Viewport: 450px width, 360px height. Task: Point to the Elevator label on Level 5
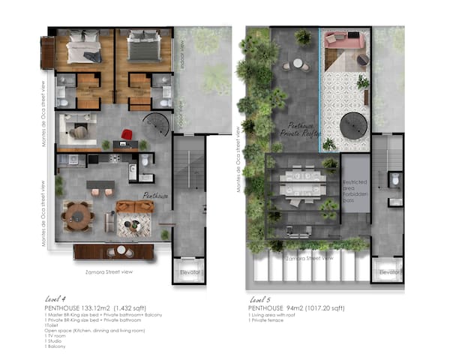click(387, 272)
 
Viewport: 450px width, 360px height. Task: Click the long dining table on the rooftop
click(307, 181)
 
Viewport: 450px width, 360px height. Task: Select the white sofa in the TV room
click(77, 133)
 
